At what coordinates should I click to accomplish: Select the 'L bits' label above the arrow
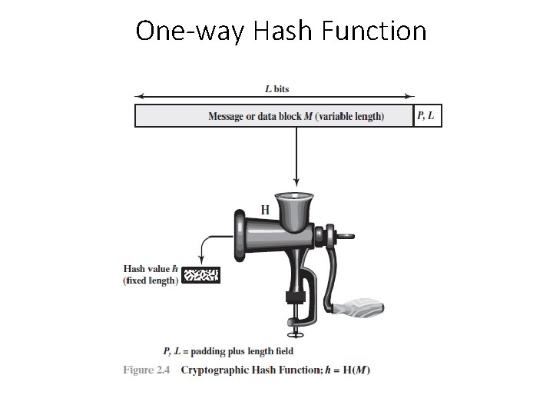(x=276, y=89)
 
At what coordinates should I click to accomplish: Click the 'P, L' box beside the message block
(x=428, y=116)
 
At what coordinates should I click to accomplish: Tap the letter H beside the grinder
(x=265, y=209)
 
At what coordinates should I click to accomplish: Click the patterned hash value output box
(x=201, y=274)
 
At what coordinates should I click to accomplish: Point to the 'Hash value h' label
(x=151, y=269)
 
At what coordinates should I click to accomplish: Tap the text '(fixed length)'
(x=151, y=281)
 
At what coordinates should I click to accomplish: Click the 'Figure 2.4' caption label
(x=145, y=370)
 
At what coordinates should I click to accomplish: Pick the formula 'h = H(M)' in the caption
(x=347, y=370)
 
